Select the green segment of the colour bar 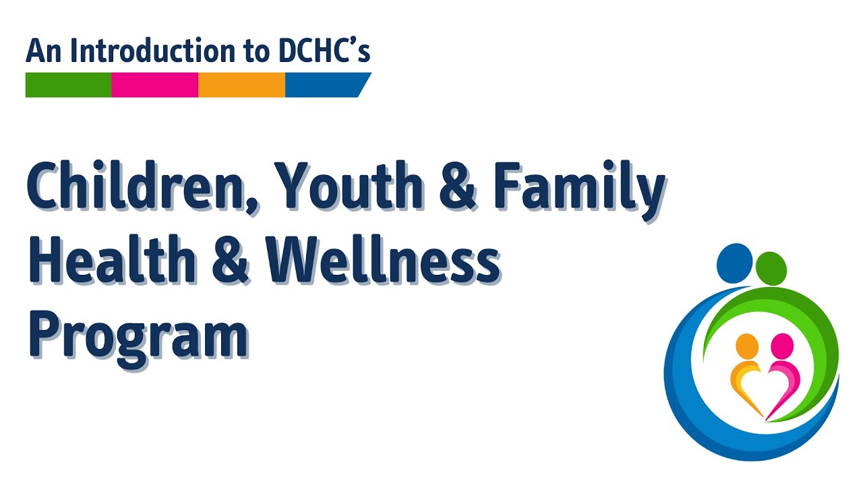tap(68, 85)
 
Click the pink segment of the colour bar tap(154, 85)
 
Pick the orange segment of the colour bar tap(241, 85)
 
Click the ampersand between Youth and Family tap(458, 189)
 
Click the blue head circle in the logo tap(734, 263)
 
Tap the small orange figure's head tap(747, 346)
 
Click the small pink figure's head tap(782, 346)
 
